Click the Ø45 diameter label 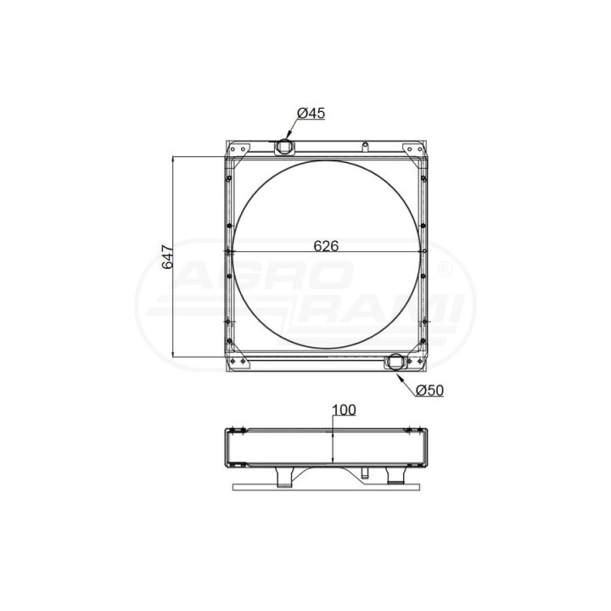pyautogui.click(x=311, y=113)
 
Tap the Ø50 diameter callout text pyautogui.click(x=429, y=390)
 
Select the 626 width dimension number pyautogui.click(x=326, y=246)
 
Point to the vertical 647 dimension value pyautogui.click(x=168, y=257)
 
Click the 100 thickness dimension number pyautogui.click(x=344, y=410)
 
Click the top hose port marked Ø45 pyautogui.click(x=284, y=148)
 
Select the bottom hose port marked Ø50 pyautogui.click(x=395, y=362)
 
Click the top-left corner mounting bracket pyautogui.click(x=238, y=149)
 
